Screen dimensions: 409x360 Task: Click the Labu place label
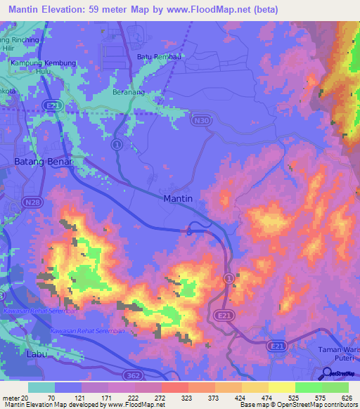36,353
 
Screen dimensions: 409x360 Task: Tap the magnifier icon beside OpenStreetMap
328,375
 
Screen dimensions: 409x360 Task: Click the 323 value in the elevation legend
187,397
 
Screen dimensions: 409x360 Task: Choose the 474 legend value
267,397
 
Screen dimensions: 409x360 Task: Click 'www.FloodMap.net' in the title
217,10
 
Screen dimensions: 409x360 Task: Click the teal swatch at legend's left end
41,387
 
